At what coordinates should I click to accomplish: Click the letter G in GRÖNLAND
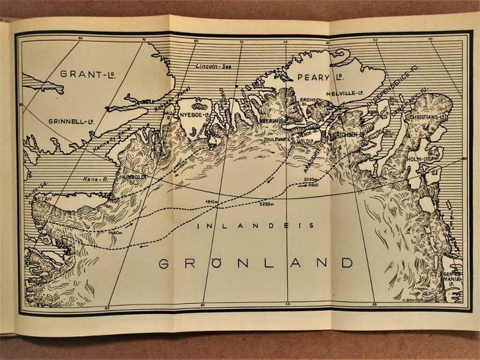click(167, 263)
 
